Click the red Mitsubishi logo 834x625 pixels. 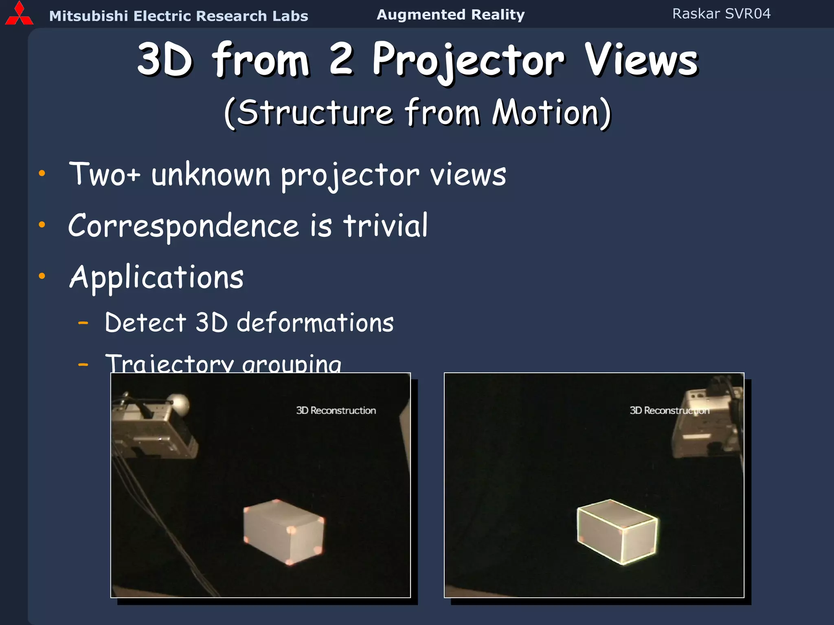(19, 14)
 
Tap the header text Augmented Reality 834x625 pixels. (450, 15)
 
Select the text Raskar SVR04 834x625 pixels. (721, 14)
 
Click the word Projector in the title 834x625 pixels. (468, 61)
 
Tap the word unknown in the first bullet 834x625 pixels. (211, 175)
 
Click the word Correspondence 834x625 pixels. (184, 226)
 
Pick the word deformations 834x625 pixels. (315, 323)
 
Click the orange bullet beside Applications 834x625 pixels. (42, 276)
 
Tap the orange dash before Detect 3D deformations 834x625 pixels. (83, 323)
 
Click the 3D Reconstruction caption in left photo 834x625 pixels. (336, 411)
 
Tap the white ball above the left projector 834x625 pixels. (179, 403)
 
